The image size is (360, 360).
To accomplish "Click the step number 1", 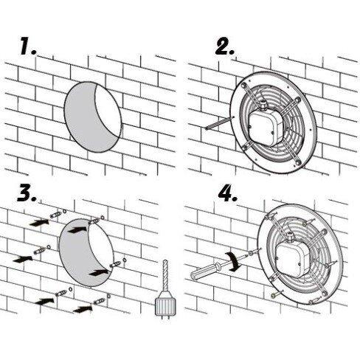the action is tap(28, 46).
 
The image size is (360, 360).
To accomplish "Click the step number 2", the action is tap(225, 46).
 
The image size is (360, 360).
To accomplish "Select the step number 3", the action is tap(27, 193).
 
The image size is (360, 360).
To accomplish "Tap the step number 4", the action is tap(228, 193).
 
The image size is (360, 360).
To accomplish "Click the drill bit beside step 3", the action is tap(165, 275).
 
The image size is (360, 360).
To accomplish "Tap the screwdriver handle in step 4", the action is tap(204, 271).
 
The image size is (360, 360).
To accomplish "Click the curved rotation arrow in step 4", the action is tap(234, 261).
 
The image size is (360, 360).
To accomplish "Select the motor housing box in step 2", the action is tap(266, 127).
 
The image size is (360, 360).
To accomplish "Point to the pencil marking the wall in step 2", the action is tap(219, 122).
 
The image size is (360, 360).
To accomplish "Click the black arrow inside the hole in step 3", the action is tap(77, 230).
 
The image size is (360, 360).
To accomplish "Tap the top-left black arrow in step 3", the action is tap(39, 223).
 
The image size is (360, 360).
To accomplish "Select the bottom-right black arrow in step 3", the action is tap(83, 309).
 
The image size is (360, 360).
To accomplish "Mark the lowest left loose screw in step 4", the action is tap(277, 294).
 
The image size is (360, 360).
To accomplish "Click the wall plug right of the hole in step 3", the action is tap(115, 265).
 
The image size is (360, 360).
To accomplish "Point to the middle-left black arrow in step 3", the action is tap(23, 259).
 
